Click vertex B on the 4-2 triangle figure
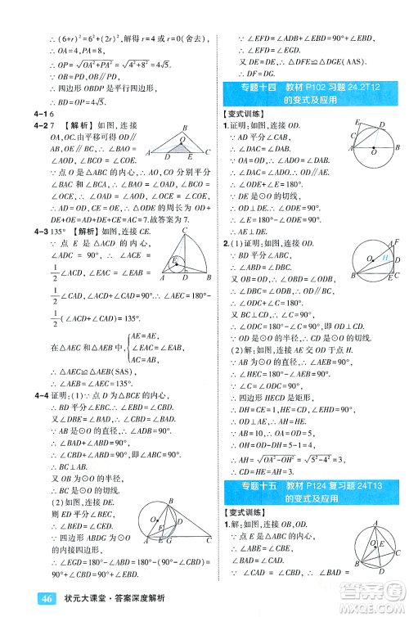184,127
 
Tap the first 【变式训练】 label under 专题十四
245,114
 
